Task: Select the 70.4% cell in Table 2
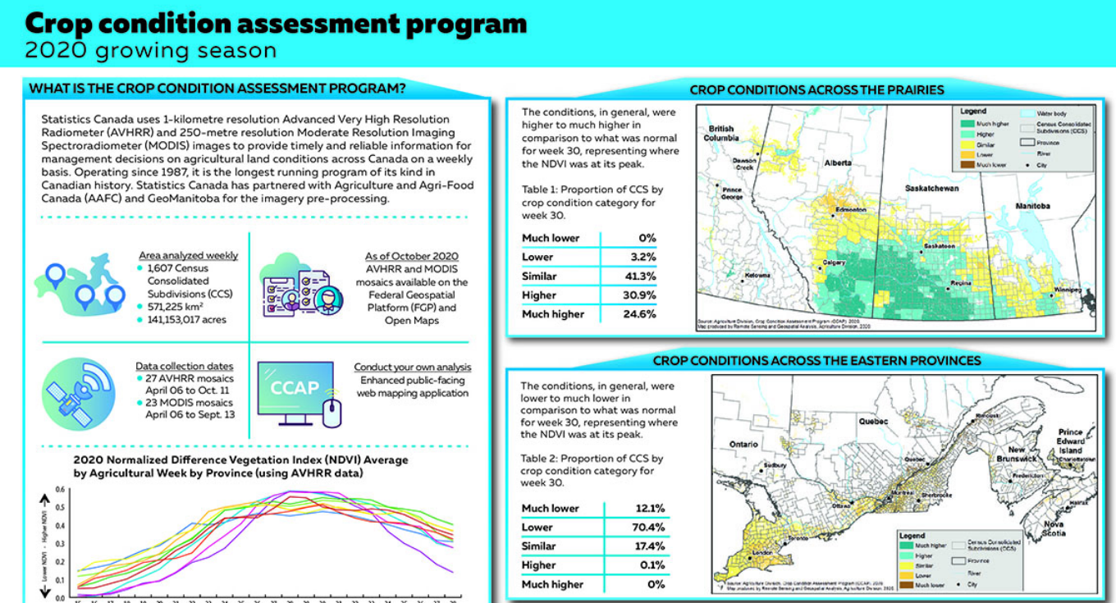click(x=648, y=528)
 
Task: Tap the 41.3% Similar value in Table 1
click(x=640, y=276)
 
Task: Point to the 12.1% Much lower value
click(x=648, y=509)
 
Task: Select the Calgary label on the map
click(x=835, y=263)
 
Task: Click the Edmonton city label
click(x=851, y=210)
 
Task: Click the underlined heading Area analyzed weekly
click(x=188, y=255)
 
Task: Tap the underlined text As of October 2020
click(x=411, y=257)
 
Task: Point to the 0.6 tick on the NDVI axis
click(x=60, y=490)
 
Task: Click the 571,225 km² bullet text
click(x=175, y=307)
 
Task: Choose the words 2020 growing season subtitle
click(x=150, y=51)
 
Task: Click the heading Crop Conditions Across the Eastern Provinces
click(x=816, y=360)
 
